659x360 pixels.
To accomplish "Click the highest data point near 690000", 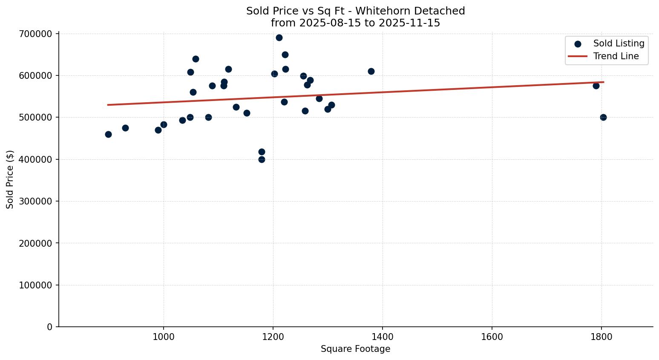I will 279,37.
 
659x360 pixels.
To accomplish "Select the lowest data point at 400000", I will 262,159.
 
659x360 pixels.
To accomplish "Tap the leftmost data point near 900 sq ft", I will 108,134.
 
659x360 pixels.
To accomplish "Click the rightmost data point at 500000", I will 603,117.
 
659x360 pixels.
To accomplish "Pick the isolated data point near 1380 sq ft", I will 371,71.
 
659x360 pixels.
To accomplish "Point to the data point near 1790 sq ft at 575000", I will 596,86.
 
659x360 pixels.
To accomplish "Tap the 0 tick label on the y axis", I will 50,327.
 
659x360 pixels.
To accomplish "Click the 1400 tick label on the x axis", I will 382,337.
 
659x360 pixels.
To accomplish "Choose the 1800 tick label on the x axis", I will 601,337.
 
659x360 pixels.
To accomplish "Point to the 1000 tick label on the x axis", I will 163,337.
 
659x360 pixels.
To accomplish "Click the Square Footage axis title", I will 355,349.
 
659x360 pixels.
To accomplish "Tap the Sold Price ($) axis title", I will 10,179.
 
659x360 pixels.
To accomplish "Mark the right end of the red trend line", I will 603,82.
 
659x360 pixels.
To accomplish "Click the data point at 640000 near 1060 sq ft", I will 196,59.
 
